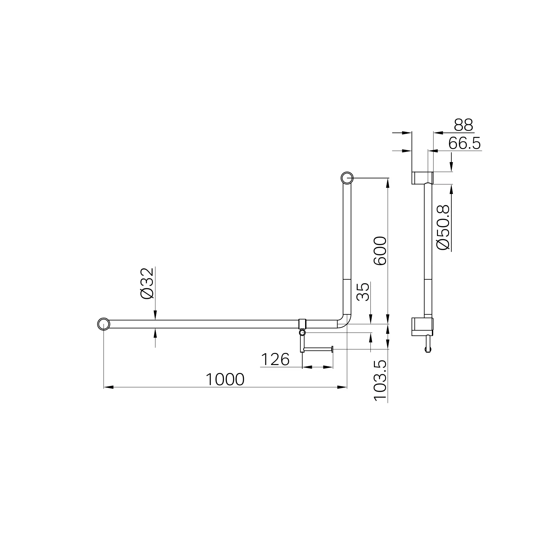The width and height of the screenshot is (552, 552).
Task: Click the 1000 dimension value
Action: [x=225, y=380]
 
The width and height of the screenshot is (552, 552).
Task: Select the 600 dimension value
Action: [x=380, y=251]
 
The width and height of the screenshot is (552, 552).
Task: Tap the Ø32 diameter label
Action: [x=147, y=283]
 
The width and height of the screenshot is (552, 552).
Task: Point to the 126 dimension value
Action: [x=275, y=360]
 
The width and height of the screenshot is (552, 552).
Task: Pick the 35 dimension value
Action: [x=363, y=291]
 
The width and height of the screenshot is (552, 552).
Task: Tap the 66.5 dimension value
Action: [x=464, y=144]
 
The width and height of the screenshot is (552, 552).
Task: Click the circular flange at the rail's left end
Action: [x=104, y=324]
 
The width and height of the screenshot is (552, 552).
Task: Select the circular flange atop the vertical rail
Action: [x=347, y=178]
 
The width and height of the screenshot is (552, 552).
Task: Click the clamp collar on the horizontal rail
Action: [x=303, y=324]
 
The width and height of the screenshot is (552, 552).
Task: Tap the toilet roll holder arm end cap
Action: [x=332, y=349]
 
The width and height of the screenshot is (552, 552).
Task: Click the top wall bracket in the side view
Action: [x=422, y=178]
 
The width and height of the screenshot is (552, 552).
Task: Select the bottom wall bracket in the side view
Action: [x=422, y=326]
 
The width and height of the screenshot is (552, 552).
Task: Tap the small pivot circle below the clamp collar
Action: [x=302, y=333]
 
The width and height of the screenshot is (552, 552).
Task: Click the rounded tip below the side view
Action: [x=428, y=350]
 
